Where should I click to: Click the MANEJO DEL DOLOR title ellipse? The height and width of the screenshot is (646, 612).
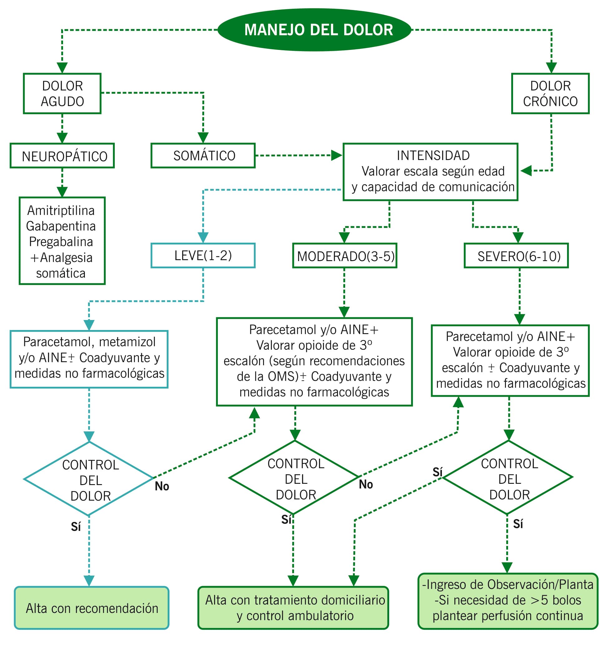(x=314, y=30)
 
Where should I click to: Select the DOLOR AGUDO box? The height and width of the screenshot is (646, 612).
(x=62, y=94)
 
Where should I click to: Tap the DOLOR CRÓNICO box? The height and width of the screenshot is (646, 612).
(x=550, y=94)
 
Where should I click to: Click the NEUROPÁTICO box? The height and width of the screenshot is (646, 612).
(x=62, y=156)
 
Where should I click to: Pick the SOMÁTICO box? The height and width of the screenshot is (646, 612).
(x=203, y=156)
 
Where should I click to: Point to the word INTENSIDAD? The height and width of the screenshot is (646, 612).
(x=433, y=156)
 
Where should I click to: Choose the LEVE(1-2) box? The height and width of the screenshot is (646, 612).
(x=203, y=255)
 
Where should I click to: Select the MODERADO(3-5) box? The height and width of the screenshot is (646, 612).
(x=345, y=256)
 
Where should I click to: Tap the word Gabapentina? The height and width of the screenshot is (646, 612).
(x=61, y=226)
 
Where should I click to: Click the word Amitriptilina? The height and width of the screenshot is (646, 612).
(x=61, y=210)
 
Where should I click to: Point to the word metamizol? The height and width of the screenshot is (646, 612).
(x=127, y=342)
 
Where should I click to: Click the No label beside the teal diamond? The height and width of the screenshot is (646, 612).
(x=162, y=486)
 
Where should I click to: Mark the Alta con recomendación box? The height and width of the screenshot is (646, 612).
(x=92, y=608)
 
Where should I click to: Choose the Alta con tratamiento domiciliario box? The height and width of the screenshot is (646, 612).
(x=293, y=608)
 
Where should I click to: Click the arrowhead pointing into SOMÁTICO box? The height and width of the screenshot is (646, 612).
(x=203, y=138)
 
